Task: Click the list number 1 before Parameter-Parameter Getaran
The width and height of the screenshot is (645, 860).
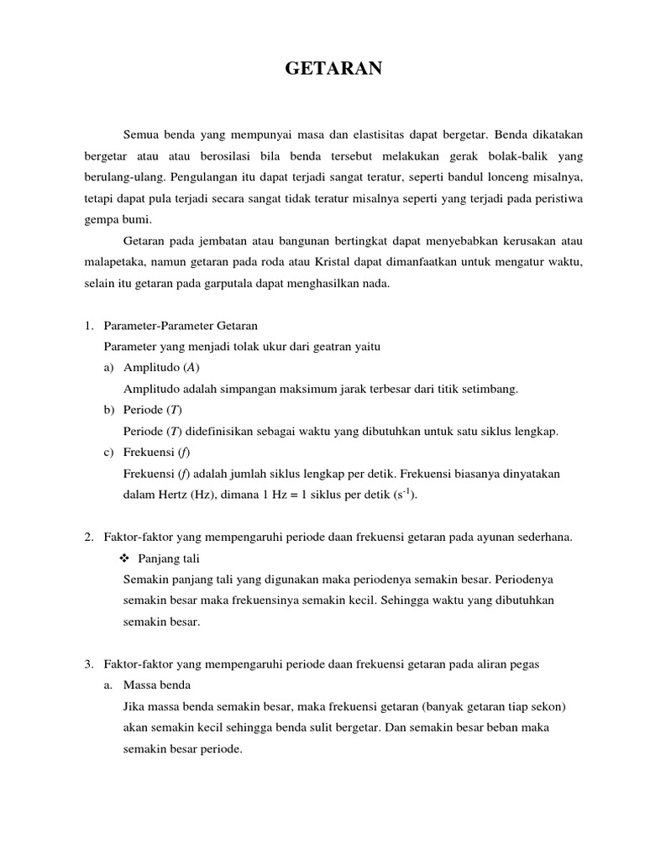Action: tap(88, 324)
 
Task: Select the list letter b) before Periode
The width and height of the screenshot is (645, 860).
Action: tap(108, 410)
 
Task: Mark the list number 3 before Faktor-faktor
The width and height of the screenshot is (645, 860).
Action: tap(88, 664)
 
